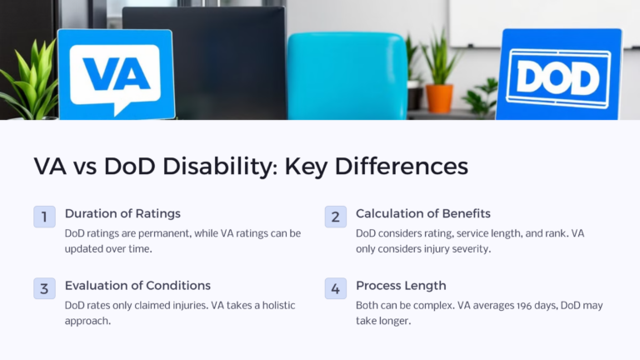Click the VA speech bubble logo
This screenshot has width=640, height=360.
[x=116, y=73]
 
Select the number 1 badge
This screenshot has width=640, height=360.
[x=44, y=217]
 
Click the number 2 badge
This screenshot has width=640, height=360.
[x=336, y=217]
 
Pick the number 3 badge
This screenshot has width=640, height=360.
[x=44, y=288]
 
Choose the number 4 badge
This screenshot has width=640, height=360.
[x=336, y=288]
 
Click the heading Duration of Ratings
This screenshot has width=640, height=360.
[x=122, y=213]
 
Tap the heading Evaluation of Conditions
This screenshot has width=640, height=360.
[x=137, y=286]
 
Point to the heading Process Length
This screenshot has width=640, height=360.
[x=401, y=286]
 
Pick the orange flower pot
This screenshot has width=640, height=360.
[x=439, y=97]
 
